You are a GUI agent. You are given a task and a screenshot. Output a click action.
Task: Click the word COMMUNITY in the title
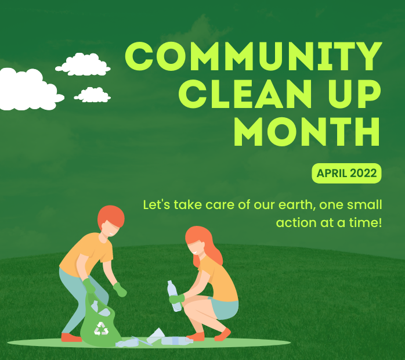coord(254,56)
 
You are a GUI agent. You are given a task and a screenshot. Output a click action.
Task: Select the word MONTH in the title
coord(307,132)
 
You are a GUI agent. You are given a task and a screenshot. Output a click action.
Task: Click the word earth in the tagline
coord(297,205)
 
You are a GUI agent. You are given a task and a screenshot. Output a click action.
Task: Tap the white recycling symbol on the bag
coord(101,329)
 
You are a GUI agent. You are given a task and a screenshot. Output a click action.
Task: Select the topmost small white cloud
coord(83,64)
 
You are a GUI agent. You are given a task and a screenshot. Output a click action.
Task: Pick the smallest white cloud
coord(92,95)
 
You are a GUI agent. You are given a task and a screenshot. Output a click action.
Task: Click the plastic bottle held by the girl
coord(174,296)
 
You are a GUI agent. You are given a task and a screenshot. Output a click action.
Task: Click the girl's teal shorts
coord(224,309)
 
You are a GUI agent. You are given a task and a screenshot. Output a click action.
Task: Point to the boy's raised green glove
coord(120,289)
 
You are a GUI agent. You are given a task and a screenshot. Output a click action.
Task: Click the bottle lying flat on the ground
coord(176,341)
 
